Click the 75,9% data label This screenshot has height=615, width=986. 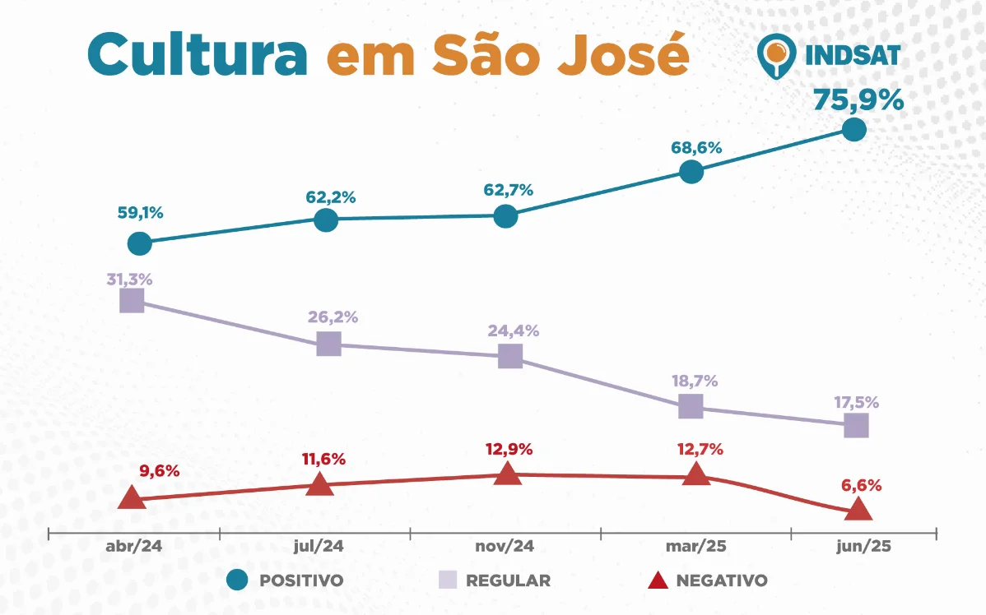pyautogui.click(x=858, y=100)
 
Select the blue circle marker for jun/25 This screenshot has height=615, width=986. pyautogui.click(x=854, y=130)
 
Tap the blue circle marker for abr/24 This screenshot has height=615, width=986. pyautogui.click(x=140, y=243)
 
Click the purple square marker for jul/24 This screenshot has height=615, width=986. pyautogui.click(x=328, y=344)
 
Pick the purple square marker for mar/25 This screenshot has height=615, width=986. pyautogui.click(x=691, y=405)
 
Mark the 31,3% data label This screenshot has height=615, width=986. pyautogui.click(x=129, y=278)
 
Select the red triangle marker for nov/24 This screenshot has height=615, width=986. pyautogui.click(x=509, y=474)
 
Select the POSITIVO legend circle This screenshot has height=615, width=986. pyautogui.click(x=237, y=580)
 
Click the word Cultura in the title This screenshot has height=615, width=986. pyautogui.click(x=197, y=54)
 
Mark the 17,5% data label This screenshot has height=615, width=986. pyautogui.click(x=856, y=403)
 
